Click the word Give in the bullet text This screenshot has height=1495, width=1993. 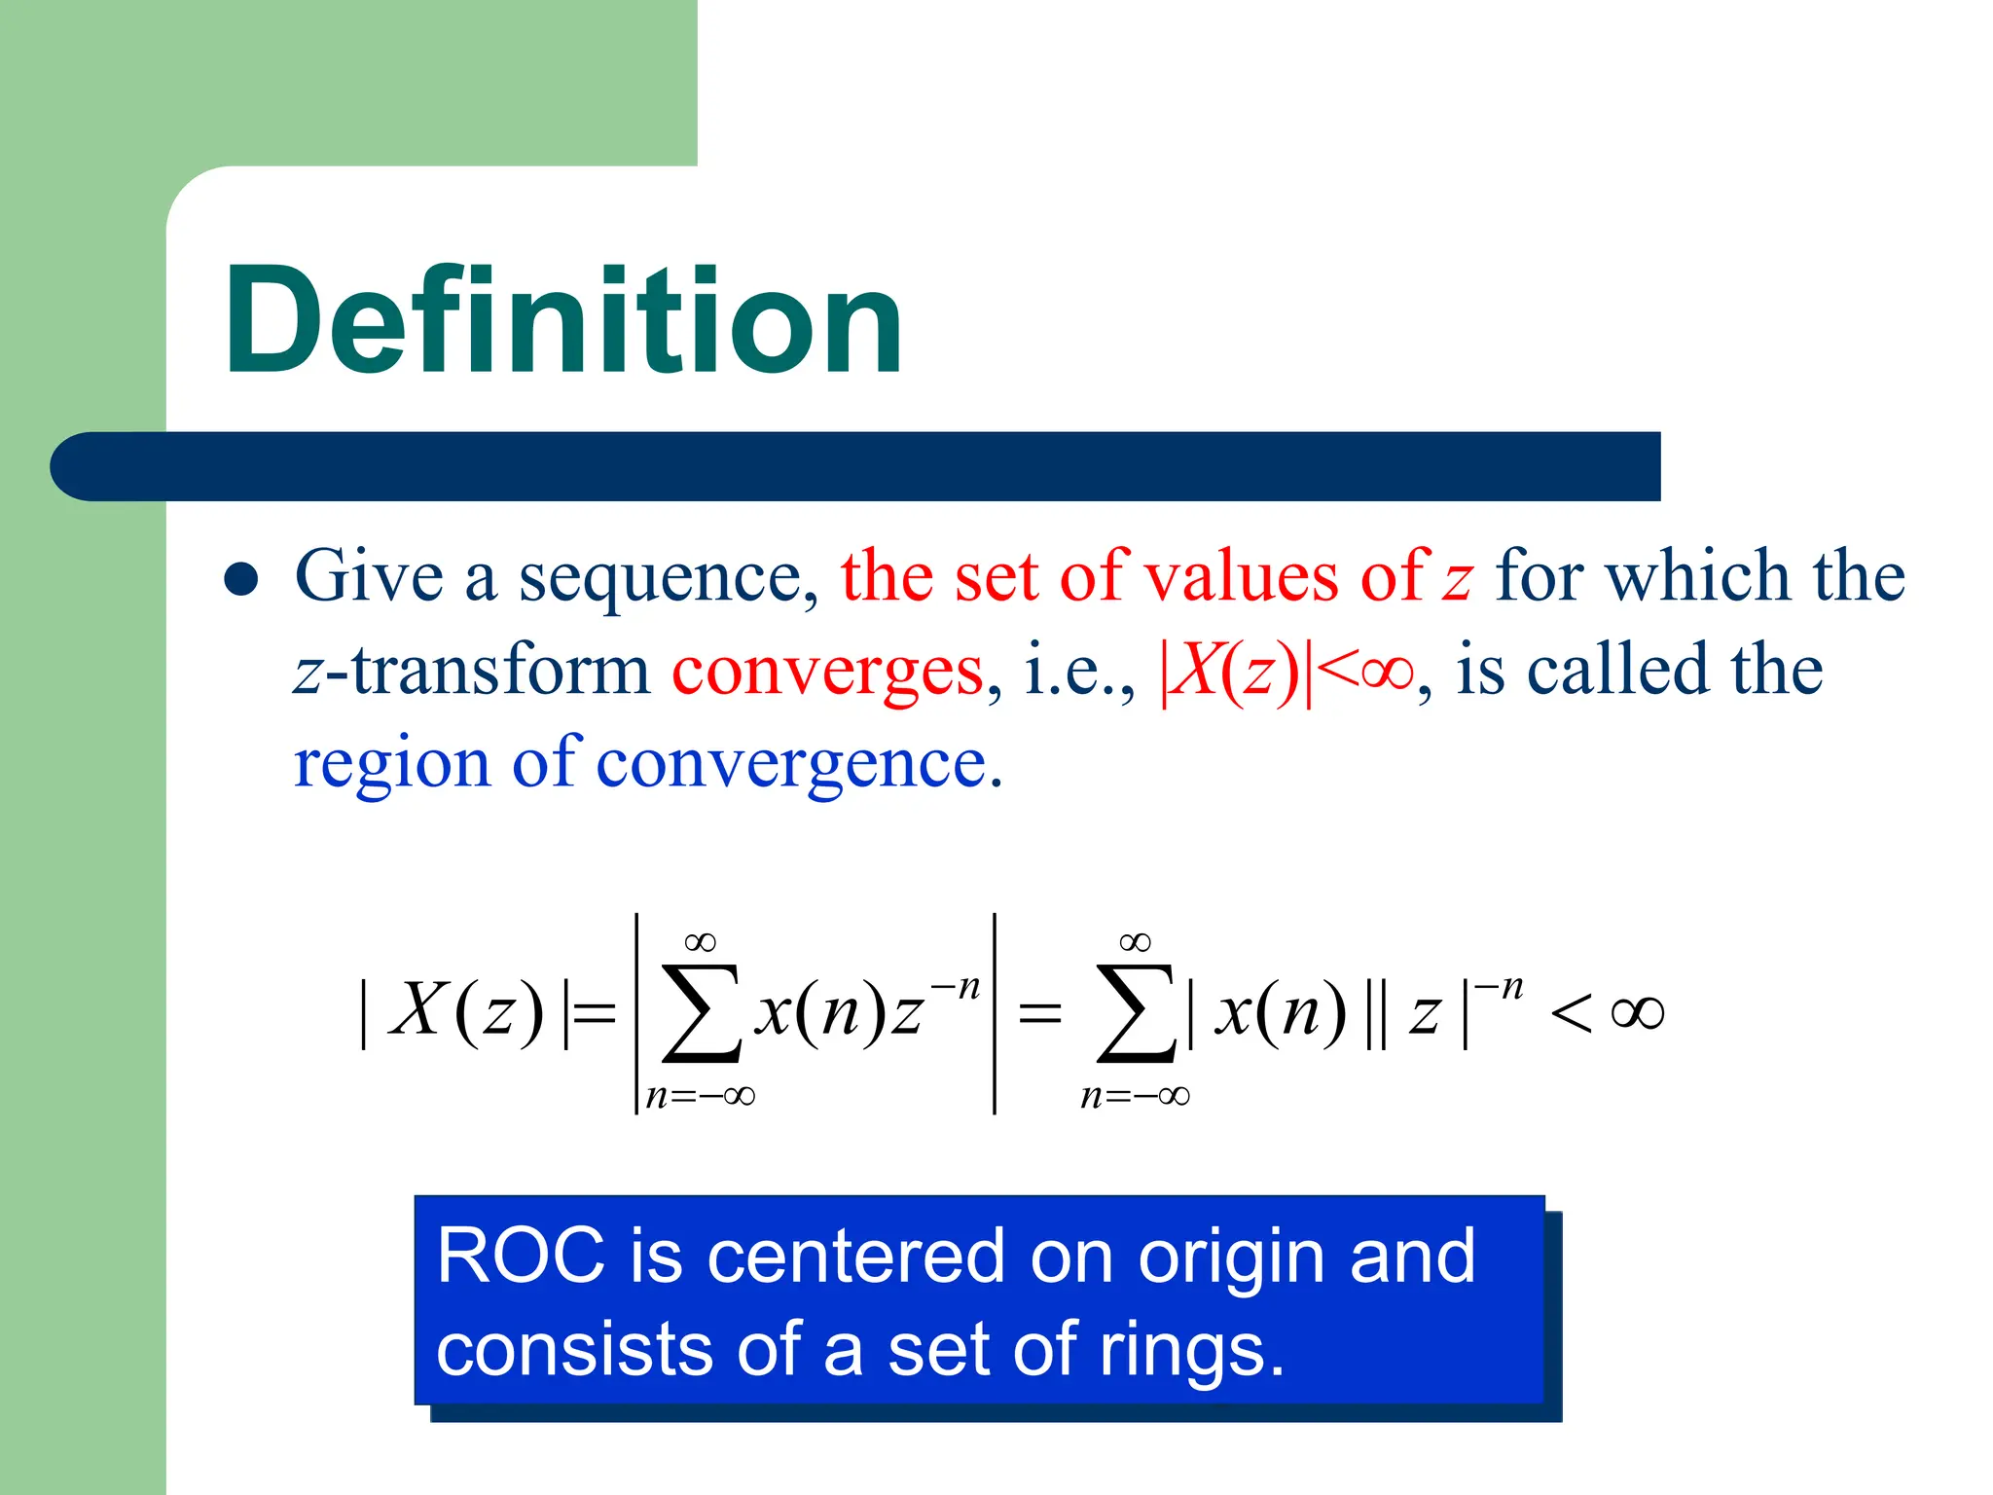pyautogui.click(x=369, y=576)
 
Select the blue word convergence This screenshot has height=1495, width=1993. pyautogui.click(x=798, y=765)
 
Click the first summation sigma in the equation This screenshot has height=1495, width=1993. pyautogui.click(x=701, y=1012)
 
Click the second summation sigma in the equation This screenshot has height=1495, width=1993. pyautogui.click(x=1135, y=1012)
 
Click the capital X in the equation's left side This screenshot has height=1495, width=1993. pyautogui.click(x=418, y=1010)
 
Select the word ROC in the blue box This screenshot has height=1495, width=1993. pyautogui.click(x=521, y=1258)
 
